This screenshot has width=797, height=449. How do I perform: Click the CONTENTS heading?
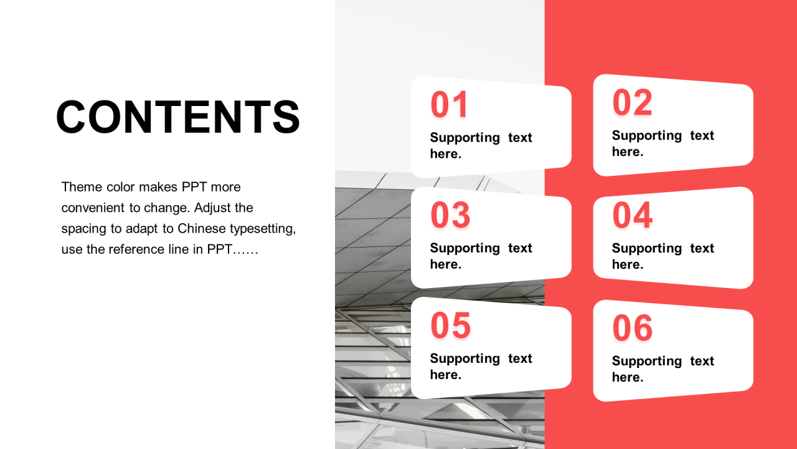(178, 117)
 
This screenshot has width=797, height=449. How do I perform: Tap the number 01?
(449, 104)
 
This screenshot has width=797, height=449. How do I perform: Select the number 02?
(632, 103)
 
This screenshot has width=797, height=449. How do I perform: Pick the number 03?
(450, 215)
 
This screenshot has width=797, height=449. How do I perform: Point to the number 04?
(632, 215)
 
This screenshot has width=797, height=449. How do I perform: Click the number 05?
(450, 326)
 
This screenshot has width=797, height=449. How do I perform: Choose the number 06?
(632, 328)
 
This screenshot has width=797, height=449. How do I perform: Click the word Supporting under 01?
(465, 138)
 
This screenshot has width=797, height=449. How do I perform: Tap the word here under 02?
(628, 152)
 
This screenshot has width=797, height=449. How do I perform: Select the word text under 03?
(520, 248)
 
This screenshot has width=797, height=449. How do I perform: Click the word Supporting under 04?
(647, 249)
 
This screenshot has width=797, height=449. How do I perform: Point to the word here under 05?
(446, 375)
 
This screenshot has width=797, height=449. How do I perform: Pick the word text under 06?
(702, 361)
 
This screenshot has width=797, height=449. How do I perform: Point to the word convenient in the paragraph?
(93, 208)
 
